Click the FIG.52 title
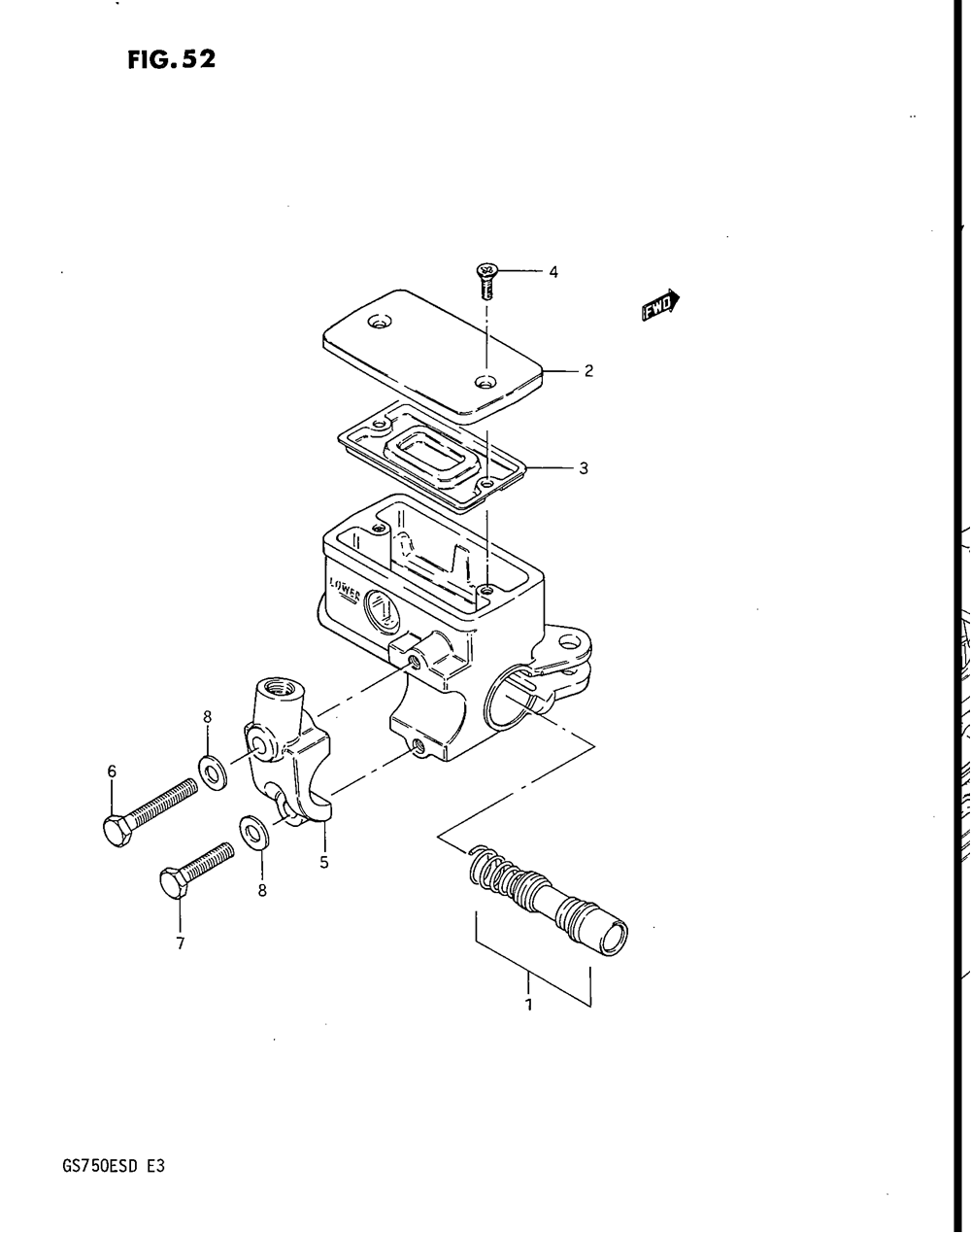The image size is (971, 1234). [x=170, y=60]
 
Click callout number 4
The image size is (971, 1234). [x=553, y=273]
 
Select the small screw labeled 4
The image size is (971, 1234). [x=484, y=280]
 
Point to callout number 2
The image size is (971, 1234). [x=588, y=370]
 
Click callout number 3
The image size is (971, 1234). [x=584, y=468]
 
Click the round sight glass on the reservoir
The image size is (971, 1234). [x=382, y=612]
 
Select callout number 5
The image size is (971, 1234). [x=324, y=861]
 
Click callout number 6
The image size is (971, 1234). [x=112, y=771]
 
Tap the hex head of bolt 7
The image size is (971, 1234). [x=173, y=885]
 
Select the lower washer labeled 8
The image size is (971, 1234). [x=255, y=833]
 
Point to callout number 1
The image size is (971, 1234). [x=529, y=1004]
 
